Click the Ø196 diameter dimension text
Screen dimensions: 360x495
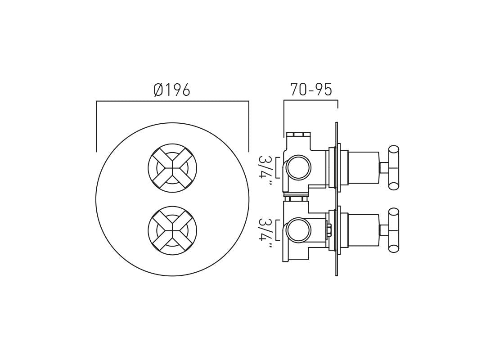point(172,90)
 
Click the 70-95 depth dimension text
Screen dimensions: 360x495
point(311,90)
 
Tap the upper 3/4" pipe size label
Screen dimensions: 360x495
point(265,167)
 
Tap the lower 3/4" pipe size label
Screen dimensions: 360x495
point(265,230)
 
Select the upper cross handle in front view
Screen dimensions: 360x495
point(172,168)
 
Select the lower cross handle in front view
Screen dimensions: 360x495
point(172,231)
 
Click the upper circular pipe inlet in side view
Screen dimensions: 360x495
point(299,167)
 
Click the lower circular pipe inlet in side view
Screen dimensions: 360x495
point(299,230)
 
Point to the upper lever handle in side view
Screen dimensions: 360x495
point(393,167)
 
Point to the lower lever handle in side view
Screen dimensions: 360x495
point(393,230)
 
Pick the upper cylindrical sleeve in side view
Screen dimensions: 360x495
point(364,167)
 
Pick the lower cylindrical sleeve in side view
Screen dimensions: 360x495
point(364,230)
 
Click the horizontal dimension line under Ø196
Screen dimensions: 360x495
point(172,101)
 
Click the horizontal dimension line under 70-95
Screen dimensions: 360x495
point(311,100)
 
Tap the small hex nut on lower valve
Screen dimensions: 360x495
point(329,230)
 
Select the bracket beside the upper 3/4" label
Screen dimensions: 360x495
point(277,167)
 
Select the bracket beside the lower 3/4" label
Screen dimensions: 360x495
point(277,230)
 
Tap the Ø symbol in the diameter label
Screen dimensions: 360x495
point(158,90)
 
